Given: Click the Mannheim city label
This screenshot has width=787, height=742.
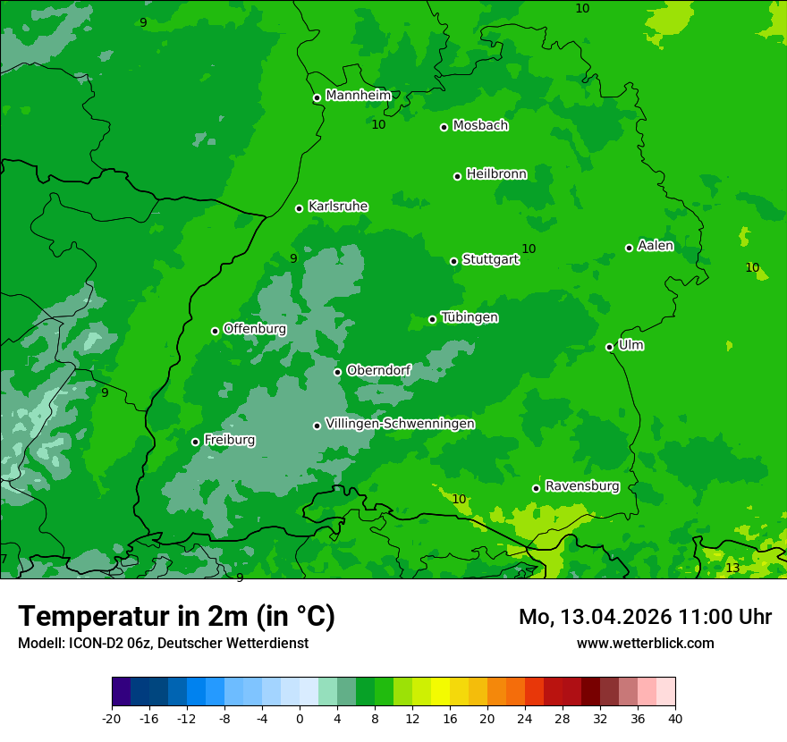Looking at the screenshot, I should click(x=359, y=96).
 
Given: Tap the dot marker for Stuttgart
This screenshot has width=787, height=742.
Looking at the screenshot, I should click(x=454, y=261).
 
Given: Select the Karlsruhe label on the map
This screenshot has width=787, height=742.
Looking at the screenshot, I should click(x=338, y=207).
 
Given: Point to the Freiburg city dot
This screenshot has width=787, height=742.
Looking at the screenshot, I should click(x=195, y=442).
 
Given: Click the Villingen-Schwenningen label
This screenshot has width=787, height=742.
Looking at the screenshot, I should click(x=400, y=424).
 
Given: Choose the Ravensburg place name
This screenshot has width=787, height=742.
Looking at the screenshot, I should click(x=582, y=486).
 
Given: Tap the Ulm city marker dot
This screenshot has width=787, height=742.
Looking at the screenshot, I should click(x=610, y=347).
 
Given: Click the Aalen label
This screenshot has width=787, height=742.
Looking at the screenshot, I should click(x=656, y=246).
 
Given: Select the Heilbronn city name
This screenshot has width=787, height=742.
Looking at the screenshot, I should click(x=496, y=174).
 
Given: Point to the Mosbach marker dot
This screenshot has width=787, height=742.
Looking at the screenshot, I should click(x=444, y=127).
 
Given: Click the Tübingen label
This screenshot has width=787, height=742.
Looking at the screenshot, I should click(x=470, y=317).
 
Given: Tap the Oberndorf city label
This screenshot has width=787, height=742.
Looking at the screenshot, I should click(x=378, y=370).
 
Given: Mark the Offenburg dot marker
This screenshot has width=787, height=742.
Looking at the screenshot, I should click(x=215, y=331).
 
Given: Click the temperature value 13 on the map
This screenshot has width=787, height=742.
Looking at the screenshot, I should click(x=732, y=569).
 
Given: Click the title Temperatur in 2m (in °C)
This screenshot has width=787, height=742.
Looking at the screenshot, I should click(x=176, y=617).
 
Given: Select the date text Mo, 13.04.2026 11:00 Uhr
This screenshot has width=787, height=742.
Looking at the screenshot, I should click(x=645, y=617).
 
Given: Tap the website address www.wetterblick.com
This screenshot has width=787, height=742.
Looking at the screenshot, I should click(x=645, y=643).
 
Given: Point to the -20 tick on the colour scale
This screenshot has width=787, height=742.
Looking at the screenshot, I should click(x=112, y=719).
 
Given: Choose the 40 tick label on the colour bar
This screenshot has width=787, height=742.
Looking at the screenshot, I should click(x=675, y=719).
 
